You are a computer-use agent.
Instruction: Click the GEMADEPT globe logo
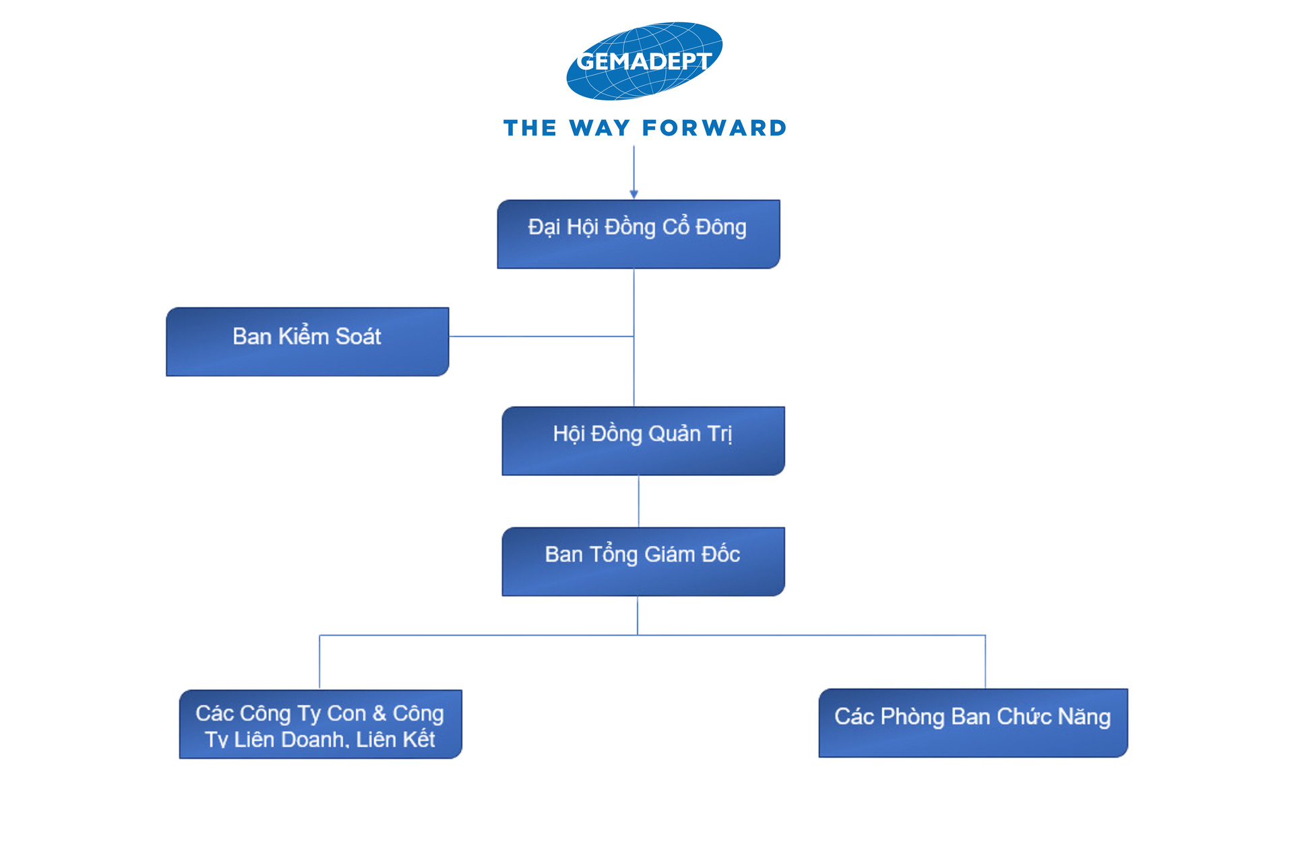pyautogui.click(x=644, y=61)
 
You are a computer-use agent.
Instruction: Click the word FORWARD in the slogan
pyautogui.click(x=714, y=128)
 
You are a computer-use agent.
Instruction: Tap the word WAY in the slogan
pyautogui.click(x=600, y=128)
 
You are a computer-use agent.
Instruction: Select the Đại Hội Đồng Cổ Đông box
pyautogui.click(x=638, y=234)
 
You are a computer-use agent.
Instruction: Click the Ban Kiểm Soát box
pyautogui.click(x=307, y=342)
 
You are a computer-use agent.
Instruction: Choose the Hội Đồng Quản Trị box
pyautogui.click(x=643, y=441)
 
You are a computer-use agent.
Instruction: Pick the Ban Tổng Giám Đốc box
pyautogui.click(x=643, y=562)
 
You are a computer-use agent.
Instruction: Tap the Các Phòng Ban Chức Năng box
pyautogui.click(x=973, y=723)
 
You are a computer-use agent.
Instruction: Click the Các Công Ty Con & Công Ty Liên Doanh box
pyautogui.click(x=321, y=724)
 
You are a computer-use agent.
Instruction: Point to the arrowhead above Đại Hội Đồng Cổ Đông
pyautogui.click(x=634, y=195)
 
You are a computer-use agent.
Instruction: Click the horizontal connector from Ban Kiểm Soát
pyautogui.click(x=541, y=336)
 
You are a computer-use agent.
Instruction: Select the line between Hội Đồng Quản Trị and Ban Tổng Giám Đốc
pyautogui.click(x=638, y=502)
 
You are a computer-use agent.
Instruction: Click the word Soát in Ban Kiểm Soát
pyautogui.click(x=358, y=336)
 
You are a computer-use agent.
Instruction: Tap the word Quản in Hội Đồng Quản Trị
pyautogui.click(x=675, y=434)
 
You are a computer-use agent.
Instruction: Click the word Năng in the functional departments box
pyautogui.click(x=1084, y=717)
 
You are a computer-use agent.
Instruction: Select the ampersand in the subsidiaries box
pyautogui.click(x=379, y=713)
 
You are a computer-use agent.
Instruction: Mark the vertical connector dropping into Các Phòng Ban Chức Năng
pyautogui.click(x=985, y=661)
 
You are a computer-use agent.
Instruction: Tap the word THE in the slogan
pyautogui.click(x=530, y=128)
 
